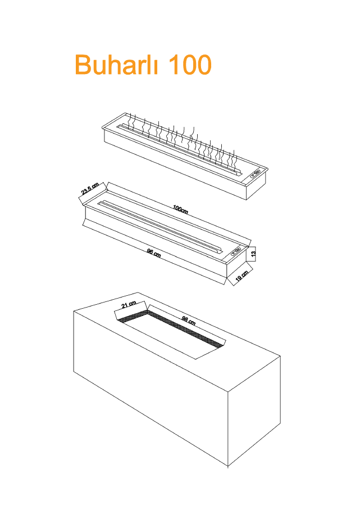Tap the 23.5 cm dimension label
pos(90,190)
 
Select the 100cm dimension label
pos(180,209)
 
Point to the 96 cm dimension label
pos(154,253)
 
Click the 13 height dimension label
pos(253,254)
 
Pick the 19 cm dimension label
pos(243,276)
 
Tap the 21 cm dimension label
pos(129,305)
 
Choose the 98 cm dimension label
pos(189,321)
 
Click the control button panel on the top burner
pos(255,173)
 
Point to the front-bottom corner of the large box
pos(228,466)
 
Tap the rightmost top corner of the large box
pos(280,356)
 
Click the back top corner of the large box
pos(138,292)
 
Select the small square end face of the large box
pos(254,411)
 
